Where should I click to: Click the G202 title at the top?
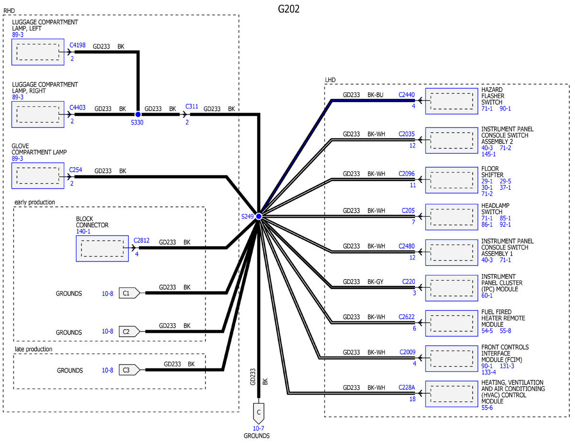[x=288, y=9]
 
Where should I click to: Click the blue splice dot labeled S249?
[x=258, y=216]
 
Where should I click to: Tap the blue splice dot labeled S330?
[x=138, y=114]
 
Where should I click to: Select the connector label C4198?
[x=78, y=46]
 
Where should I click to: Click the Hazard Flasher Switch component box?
[x=451, y=101]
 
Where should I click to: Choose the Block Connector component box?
[x=102, y=248]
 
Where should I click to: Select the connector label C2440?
[x=406, y=95]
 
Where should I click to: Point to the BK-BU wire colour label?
[x=375, y=95]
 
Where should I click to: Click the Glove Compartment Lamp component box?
[x=38, y=176]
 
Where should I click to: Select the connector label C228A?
[x=407, y=387]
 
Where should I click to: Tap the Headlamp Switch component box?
[x=451, y=216]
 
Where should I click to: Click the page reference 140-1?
[x=84, y=231]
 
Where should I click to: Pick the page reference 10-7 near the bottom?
[x=259, y=428]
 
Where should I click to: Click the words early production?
[x=34, y=202]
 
